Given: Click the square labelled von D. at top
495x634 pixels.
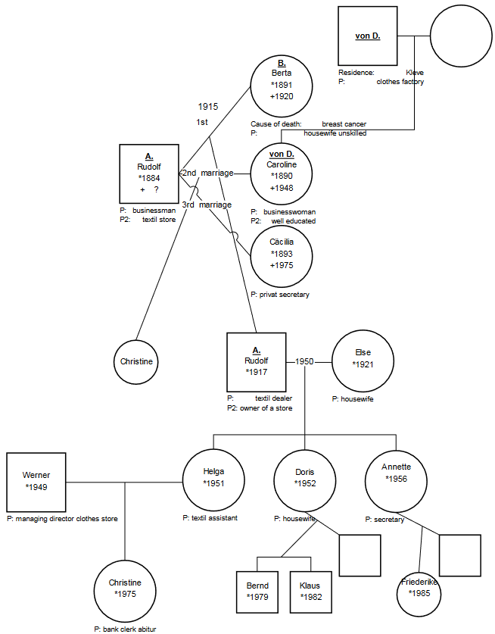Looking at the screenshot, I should (x=368, y=36).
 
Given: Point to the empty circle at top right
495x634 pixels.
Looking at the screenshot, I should (x=459, y=36).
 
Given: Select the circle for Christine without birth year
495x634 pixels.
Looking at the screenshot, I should (x=136, y=361).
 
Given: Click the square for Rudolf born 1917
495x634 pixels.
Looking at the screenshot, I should (x=256, y=361).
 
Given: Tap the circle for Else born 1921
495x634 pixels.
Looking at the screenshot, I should (x=363, y=361).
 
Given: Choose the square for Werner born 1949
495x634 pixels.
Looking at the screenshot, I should (x=36, y=482).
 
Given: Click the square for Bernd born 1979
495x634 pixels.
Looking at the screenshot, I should (x=257, y=592).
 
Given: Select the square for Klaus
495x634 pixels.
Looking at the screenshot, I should (x=310, y=592).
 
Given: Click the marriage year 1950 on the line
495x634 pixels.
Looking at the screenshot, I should (x=304, y=362).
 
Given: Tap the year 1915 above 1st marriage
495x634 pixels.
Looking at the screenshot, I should (x=208, y=107).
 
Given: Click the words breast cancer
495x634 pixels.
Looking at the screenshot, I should (x=344, y=123).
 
